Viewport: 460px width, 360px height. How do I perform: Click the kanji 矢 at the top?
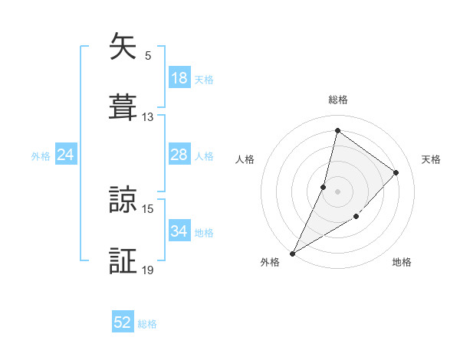tap(123, 47)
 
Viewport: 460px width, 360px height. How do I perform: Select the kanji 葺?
tap(123, 106)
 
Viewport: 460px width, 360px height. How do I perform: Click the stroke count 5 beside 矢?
tap(147, 56)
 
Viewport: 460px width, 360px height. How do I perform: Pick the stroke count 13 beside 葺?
tap(148, 117)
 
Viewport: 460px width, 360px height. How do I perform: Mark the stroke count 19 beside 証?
tap(148, 270)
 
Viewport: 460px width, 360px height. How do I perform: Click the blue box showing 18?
tap(179, 78)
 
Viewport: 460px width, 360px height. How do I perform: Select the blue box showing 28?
tap(179, 155)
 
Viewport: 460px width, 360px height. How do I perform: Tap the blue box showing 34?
tap(179, 231)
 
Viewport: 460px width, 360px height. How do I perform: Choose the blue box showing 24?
tap(65, 155)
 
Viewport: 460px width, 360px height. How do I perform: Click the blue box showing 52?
tap(123, 323)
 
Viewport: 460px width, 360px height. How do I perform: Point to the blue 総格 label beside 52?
tap(147, 324)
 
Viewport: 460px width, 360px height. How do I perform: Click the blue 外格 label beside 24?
tap(41, 155)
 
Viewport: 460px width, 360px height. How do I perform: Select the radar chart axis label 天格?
tap(431, 159)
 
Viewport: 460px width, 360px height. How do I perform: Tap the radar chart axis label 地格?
tap(402, 262)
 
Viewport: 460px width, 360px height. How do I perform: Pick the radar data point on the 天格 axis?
tap(396, 172)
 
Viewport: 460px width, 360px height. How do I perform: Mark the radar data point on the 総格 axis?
tap(337, 130)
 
